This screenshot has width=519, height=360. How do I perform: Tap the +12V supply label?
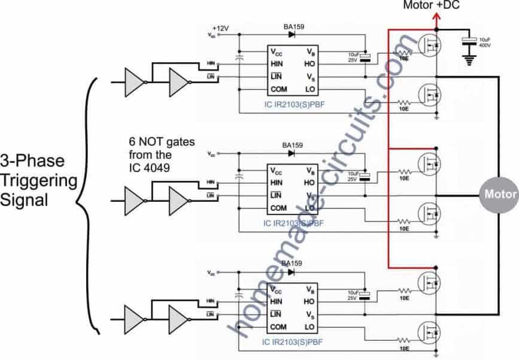click(221, 28)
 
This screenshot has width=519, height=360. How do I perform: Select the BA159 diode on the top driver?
click(293, 35)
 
